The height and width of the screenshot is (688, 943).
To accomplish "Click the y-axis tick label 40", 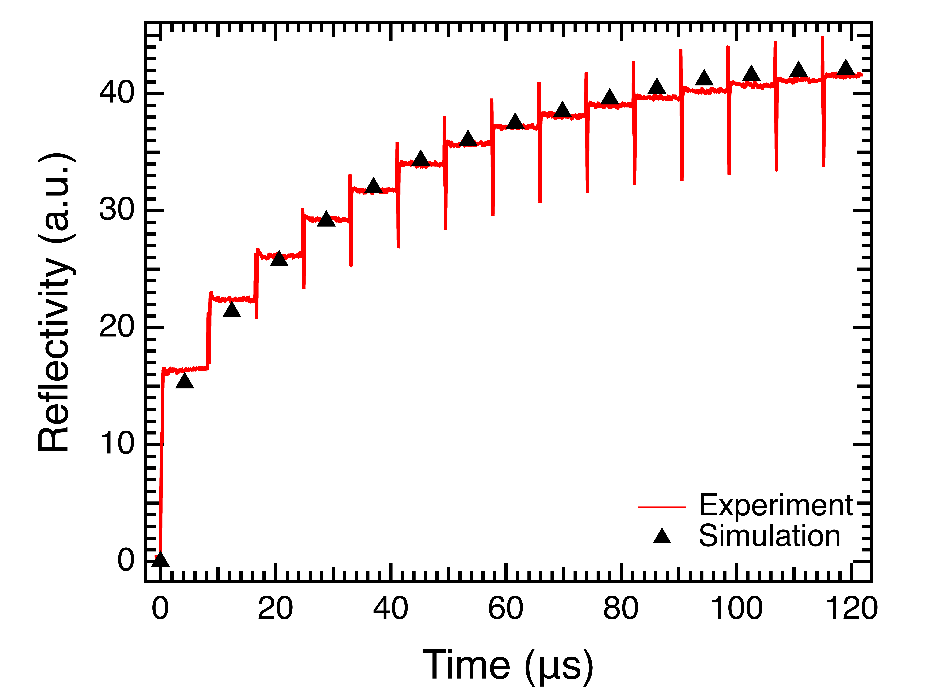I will pyautogui.click(x=117, y=92).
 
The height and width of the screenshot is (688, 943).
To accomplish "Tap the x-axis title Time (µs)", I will pyautogui.click(x=508, y=665).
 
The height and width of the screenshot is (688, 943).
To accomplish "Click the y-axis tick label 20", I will pyautogui.click(x=117, y=327).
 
